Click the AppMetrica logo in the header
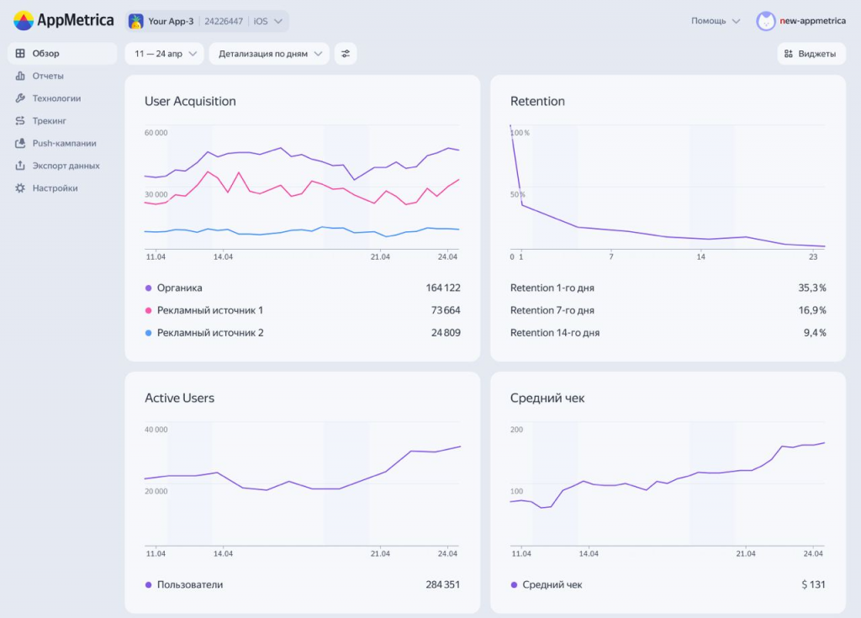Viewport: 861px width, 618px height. (64, 20)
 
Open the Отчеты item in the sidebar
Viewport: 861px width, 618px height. (48, 76)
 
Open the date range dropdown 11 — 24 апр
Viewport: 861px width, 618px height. (165, 54)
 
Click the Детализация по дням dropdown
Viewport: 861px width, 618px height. (268, 54)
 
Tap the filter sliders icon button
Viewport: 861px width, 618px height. (346, 54)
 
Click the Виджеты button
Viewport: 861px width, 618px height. (811, 54)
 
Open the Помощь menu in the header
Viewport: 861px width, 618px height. (715, 21)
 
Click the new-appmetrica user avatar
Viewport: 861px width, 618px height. (765, 21)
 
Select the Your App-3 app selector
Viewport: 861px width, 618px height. (207, 21)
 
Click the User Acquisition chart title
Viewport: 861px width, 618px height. (190, 101)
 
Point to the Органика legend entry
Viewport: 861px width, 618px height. (179, 288)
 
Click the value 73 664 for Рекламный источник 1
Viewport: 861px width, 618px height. (442, 310)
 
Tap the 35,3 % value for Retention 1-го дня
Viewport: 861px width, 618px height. (811, 288)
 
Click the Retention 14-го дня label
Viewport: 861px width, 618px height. (554, 333)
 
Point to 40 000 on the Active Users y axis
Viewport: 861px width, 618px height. (156, 430)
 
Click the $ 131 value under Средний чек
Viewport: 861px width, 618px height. (811, 584)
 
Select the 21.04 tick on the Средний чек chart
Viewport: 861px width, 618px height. (745, 553)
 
